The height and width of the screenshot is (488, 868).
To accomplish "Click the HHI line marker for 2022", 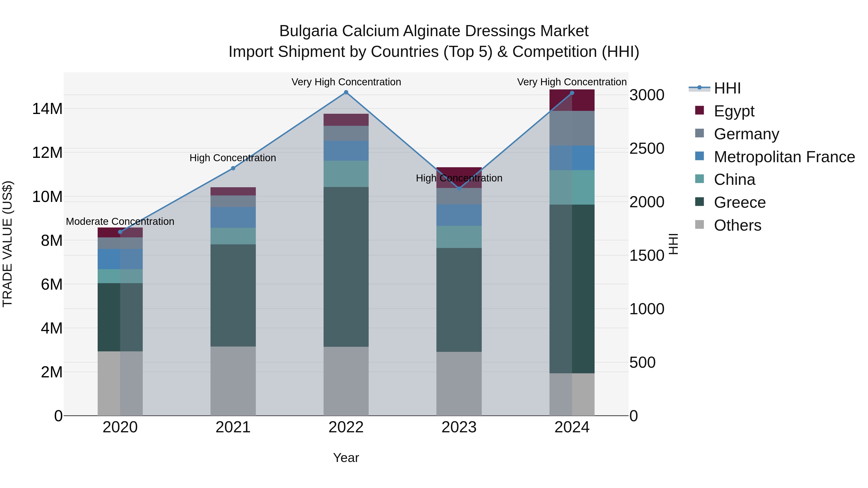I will click(346, 92).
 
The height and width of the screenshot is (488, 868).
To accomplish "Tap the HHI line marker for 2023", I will click(459, 189).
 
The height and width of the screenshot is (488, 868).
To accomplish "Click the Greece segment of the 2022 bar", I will click(346, 267).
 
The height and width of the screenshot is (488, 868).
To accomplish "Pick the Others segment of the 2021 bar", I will click(233, 381).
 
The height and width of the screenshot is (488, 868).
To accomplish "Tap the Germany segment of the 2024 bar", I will click(572, 128).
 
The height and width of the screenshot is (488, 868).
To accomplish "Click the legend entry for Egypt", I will click(734, 111).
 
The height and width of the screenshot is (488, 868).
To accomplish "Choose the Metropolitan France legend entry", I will click(784, 157).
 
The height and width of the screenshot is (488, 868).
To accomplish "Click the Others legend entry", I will click(737, 225).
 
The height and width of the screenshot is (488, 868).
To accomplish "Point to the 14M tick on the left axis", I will click(47, 109).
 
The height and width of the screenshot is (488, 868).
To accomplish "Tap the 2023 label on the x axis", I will click(459, 427).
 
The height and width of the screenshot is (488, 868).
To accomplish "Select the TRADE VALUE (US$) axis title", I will click(7, 244).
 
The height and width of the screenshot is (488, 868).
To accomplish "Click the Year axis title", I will click(346, 458).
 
